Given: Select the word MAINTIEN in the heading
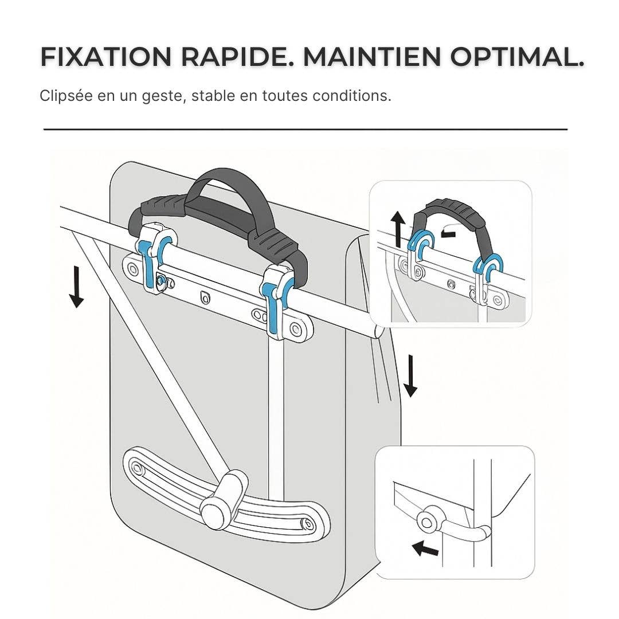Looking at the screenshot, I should (x=371, y=57).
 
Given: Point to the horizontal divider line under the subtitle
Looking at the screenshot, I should (x=305, y=130).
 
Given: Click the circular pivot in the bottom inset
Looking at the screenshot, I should (x=426, y=520).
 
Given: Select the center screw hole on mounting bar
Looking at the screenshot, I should (x=205, y=296).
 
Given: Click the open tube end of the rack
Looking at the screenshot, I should (x=377, y=331).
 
